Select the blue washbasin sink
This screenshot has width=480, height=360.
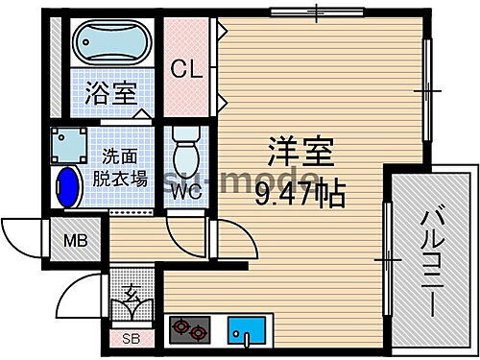point(68,187)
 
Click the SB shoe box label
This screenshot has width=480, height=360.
point(130,337)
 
